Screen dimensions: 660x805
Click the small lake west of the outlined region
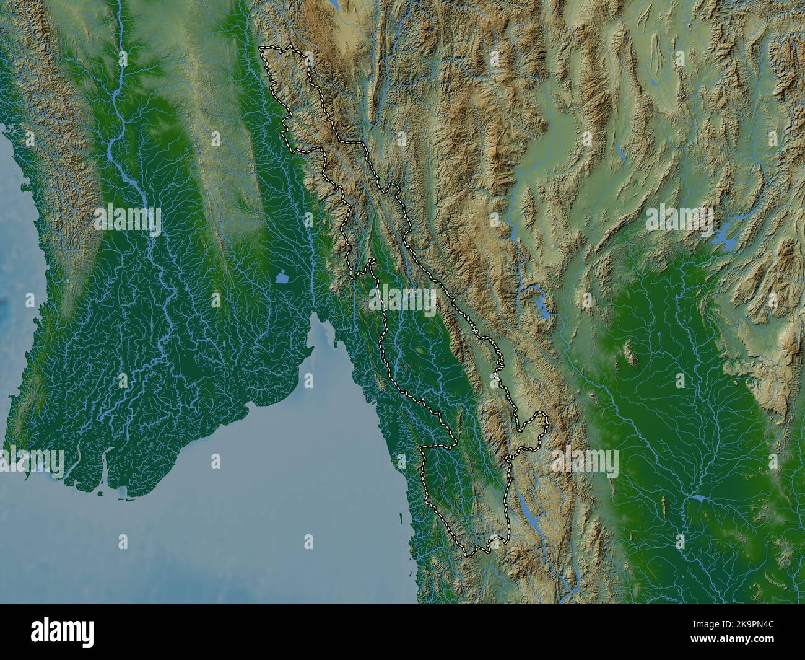(x=282, y=278)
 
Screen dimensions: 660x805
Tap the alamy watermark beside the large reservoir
(x=680, y=218)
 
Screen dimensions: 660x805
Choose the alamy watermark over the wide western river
(x=128, y=218)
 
